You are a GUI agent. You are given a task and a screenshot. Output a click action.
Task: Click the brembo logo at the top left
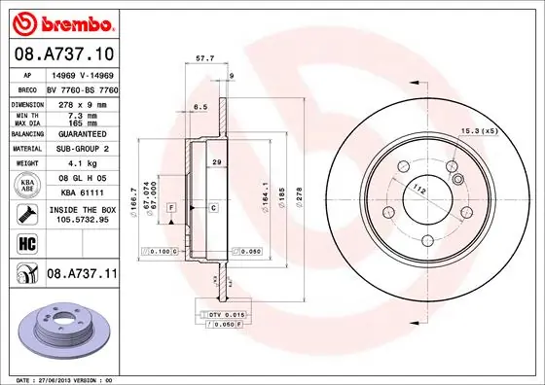pos(60,21)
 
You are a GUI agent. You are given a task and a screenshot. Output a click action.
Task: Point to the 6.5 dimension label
pos(201,106)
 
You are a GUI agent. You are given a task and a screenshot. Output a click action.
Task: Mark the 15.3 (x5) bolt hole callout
pos(479,131)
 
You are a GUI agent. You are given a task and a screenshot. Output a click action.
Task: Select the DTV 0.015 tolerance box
pos(227,315)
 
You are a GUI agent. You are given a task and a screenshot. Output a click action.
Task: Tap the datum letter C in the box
pos(214,208)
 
